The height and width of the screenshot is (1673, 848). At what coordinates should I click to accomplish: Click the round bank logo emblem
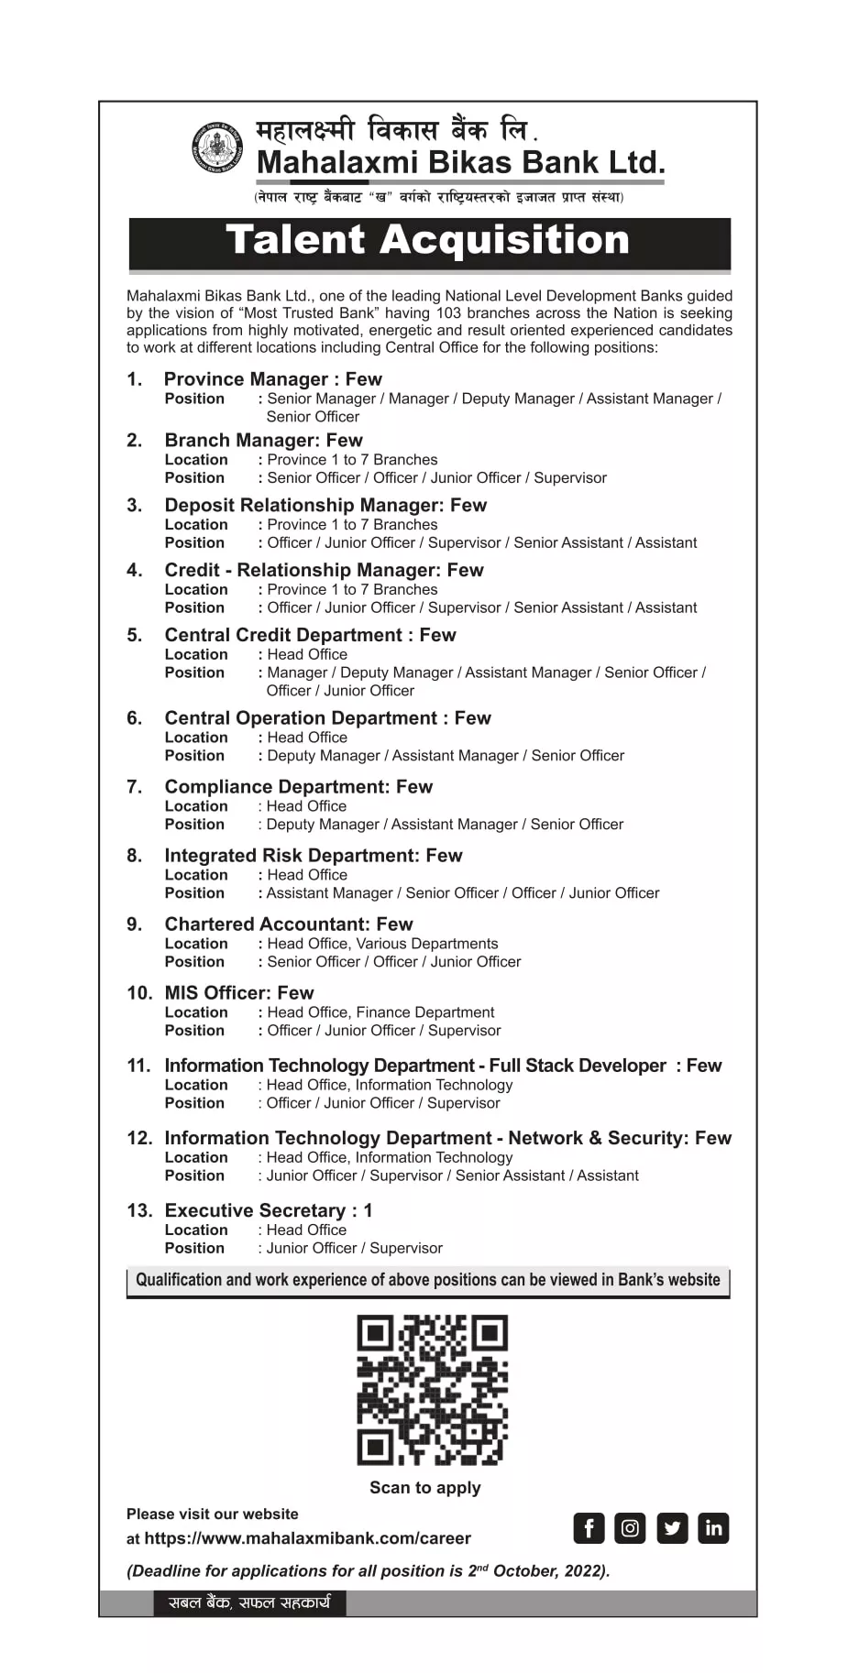coord(217,147)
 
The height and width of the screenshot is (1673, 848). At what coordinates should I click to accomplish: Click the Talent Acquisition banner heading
coord(428,240)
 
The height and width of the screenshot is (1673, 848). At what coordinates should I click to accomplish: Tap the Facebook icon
coord(589,1527)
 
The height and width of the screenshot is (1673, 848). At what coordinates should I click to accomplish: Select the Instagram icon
coord(630,1527)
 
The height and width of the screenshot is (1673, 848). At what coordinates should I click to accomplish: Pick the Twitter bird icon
coord(672,1527)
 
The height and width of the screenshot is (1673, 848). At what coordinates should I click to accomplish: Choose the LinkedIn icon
coord(713,1527)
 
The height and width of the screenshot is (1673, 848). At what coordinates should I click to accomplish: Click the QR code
coord(432,1389)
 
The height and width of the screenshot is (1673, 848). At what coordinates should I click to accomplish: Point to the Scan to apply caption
coord(424,1487)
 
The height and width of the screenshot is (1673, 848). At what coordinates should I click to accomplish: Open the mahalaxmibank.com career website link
coord(307,1538)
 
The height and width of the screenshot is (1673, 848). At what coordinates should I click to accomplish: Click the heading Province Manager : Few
coord(272,379)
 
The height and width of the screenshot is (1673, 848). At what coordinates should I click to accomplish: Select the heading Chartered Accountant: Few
coord(288,924)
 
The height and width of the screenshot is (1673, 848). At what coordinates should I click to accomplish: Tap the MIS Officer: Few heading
coord(238,992)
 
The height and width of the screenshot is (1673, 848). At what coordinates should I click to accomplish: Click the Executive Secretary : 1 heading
coord(268,1210)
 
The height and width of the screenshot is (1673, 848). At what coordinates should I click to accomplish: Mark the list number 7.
coord(135,786)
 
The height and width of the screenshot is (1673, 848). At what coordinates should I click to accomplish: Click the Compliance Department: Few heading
coord(298,786)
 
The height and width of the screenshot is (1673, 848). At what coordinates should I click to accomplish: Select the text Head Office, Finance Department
coord(380,1012)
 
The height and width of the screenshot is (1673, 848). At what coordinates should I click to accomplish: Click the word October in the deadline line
coord(525,1570)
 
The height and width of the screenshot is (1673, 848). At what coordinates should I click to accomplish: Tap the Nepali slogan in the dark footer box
coord(249,1602)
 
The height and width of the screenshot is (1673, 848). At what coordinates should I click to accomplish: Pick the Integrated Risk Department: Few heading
coord(313,855)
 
